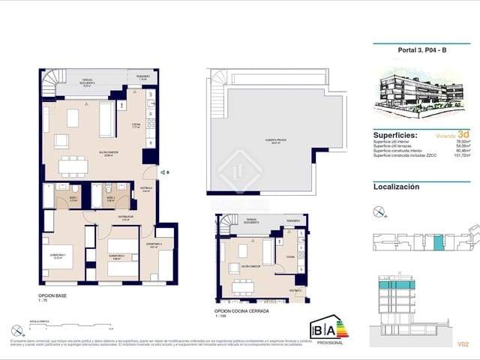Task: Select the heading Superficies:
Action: [x=400, y=135]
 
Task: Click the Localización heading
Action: [x=396, y=187]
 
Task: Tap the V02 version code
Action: [x=463, y=344]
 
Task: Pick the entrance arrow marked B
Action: [x=166, y=172]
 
